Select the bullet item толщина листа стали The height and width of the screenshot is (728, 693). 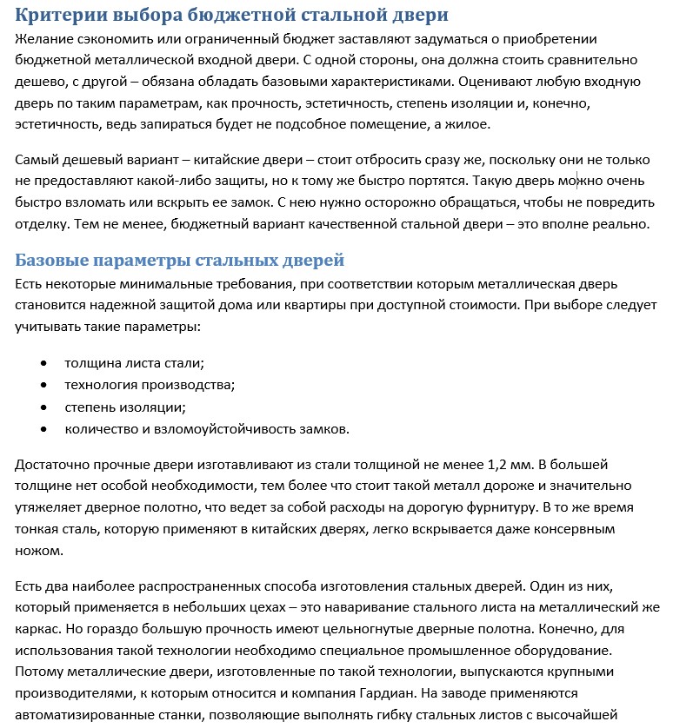tap(134, 363)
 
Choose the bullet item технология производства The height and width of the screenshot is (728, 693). tap(150, 385)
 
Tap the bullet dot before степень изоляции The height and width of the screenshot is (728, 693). tap(43, 407)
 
